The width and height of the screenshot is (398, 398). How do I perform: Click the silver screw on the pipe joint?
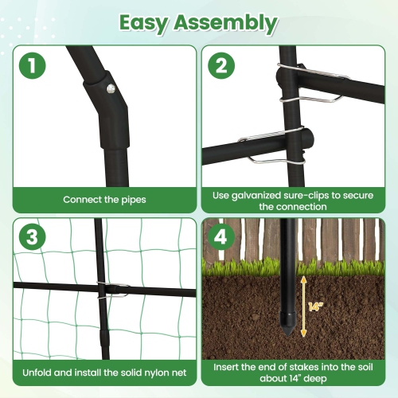[110, 88]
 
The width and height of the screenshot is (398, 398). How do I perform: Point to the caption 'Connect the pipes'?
[103, 199]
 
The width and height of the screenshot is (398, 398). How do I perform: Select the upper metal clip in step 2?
[312, 82]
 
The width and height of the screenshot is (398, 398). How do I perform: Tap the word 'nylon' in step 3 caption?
[142, 372]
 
